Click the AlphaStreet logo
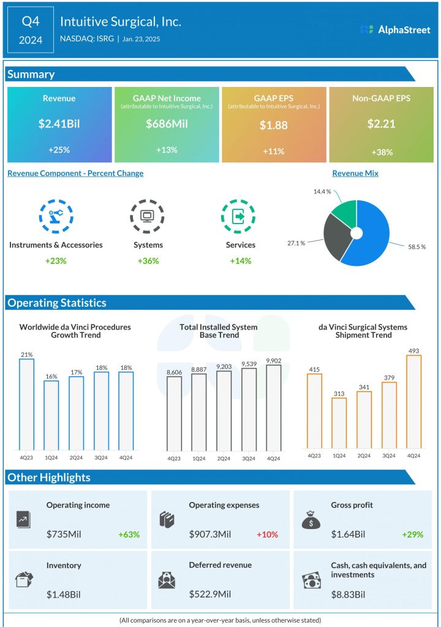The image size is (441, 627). (395, 29)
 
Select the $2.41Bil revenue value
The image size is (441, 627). (59, 124)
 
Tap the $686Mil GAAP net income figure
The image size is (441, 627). (167, 124)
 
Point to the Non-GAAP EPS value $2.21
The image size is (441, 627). (381, 124)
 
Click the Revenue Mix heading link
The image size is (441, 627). (355, 173)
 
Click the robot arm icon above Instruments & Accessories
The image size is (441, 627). (56, 216)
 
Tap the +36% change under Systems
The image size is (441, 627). (148, 261)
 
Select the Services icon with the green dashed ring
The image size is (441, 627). (238, 216)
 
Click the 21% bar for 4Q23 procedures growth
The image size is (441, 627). (26, 404)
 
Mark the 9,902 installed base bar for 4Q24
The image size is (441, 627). (274, 408)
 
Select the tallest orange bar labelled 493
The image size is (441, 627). (414, 402)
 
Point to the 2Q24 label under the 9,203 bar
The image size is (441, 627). (224, 458)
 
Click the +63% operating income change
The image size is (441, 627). (129, 535)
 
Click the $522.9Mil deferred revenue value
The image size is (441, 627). (213, 595)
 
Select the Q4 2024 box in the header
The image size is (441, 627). (31, 29)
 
